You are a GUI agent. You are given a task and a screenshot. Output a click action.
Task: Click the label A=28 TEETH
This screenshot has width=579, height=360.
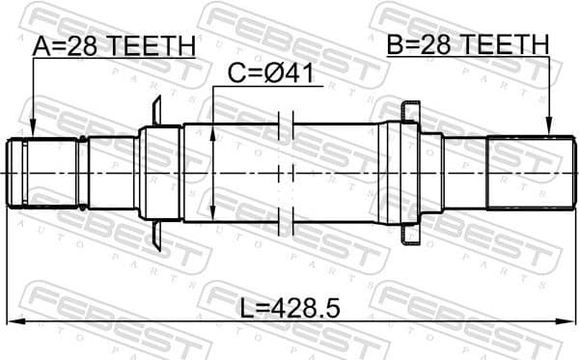[x=114, y=45]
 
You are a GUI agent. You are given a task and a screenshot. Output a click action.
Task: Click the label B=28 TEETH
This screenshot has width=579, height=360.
[x=468, y=44]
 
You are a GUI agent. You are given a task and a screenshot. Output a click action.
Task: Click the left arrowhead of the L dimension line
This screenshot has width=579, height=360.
[x=12, y=321]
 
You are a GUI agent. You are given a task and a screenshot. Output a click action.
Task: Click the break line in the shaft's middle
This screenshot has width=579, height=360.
[x=285, y=174]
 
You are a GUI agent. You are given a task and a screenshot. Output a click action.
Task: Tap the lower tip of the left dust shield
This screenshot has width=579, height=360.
[x=156, y=244]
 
